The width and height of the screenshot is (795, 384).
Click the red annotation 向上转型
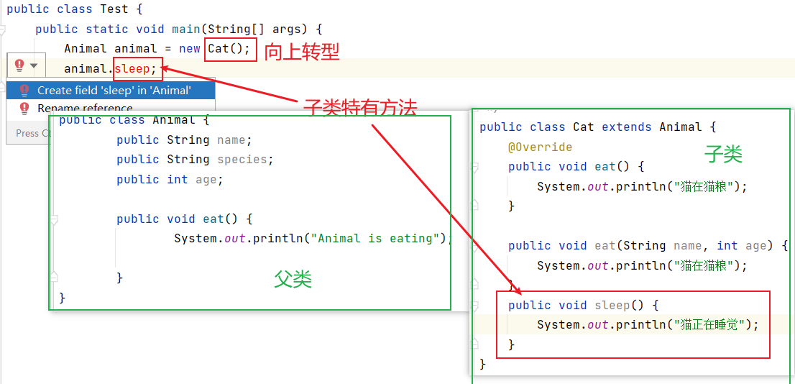302,51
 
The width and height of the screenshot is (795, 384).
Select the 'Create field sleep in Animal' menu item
114,90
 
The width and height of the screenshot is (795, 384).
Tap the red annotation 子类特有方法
360,109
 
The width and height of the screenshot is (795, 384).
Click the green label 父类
293,279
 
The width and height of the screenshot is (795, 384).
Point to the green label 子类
723,153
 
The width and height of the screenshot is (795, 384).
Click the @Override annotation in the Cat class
540,147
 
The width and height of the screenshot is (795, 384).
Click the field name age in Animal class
208,179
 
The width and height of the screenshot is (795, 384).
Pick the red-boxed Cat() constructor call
229,49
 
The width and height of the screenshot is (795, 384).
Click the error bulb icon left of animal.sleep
19,65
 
